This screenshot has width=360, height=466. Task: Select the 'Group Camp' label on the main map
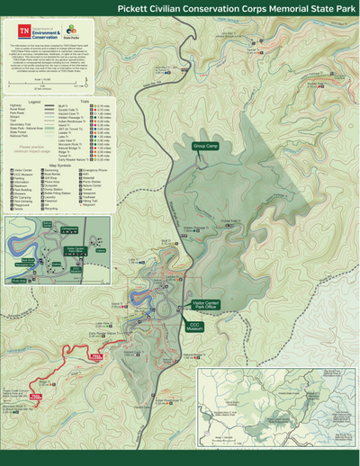click(x=205, y=145)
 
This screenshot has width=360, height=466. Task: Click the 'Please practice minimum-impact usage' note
click(x=32, y=149)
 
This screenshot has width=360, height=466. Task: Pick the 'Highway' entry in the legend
click(x=15, y=105)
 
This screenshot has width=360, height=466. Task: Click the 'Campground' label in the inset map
click(x=70, y=229)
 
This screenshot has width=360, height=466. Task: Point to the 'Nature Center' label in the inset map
click(x=47, y=224)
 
